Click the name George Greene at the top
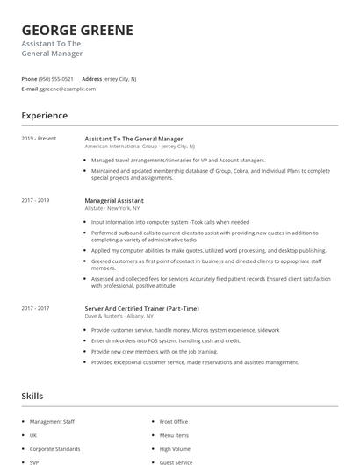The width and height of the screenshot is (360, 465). [x=77, y=30]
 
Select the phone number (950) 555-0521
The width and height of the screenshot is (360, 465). [x=56, y=79]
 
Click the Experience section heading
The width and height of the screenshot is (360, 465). [x=44, y=116]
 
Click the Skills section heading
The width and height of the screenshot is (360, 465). [x=32, y=397]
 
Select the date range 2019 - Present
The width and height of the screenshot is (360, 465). [x=39, y=139]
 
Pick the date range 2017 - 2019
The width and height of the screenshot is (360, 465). [x=35, y=200]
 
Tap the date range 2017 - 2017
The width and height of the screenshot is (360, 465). [x=35, y=308]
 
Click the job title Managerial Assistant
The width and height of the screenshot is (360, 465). [x=114, y=200]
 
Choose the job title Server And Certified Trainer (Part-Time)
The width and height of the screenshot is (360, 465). [x=141, y=308]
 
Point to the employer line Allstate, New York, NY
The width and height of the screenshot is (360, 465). [x=113, y=208]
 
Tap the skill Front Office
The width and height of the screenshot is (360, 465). [x=174, y=422]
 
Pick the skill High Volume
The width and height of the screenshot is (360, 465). [x=174, y=447]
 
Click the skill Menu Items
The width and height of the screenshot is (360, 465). [x=174, y=435]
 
